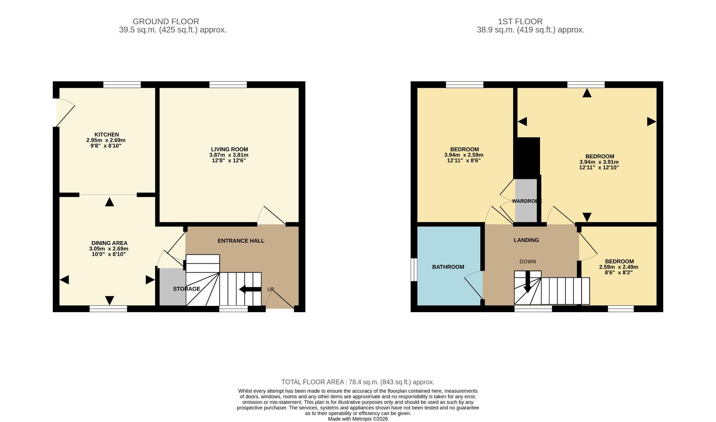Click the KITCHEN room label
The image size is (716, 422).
tap(106, 134)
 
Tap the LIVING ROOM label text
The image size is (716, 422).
tap(229, 149)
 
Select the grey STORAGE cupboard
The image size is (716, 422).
tap(172, 287)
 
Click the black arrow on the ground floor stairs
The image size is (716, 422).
tap(250, 289)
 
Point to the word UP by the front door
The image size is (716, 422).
tap(270, 290)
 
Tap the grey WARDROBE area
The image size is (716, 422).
tap(526, 201)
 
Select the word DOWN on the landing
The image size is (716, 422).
tap(527, 261)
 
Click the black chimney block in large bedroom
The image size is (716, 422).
tap(529, 155)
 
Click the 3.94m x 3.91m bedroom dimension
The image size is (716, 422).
tap(599, 162)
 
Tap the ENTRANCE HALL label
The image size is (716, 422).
tap(241, 241)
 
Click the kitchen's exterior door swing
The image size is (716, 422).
tap(64, 112)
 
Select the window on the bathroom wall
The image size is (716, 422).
tap(413, 269)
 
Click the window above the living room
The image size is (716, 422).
tap(228, 84)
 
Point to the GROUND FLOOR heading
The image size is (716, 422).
tap(166, 21)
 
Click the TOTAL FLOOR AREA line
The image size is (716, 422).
tap(358, 382)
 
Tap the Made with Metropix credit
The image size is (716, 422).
tap(358, 419)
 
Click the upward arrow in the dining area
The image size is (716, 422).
tap(109, 202)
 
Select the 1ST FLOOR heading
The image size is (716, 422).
tap(520, 21)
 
